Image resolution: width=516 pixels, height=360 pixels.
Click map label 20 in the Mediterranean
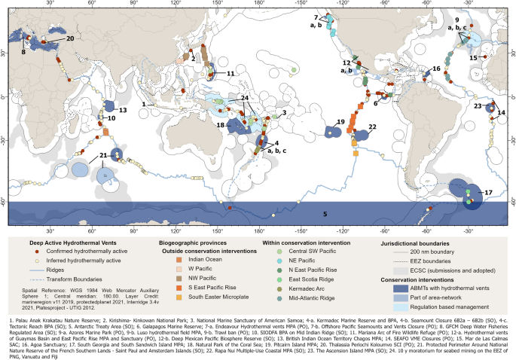coord(69,38)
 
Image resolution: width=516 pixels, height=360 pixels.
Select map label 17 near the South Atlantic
coord(489,193)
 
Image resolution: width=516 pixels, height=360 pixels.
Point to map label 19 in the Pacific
coord(340,121)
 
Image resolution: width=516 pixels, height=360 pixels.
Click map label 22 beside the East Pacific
coord(371,128)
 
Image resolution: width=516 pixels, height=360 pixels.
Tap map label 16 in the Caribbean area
coord(435,69)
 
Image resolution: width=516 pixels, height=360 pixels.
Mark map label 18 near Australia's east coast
coord(220,124)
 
